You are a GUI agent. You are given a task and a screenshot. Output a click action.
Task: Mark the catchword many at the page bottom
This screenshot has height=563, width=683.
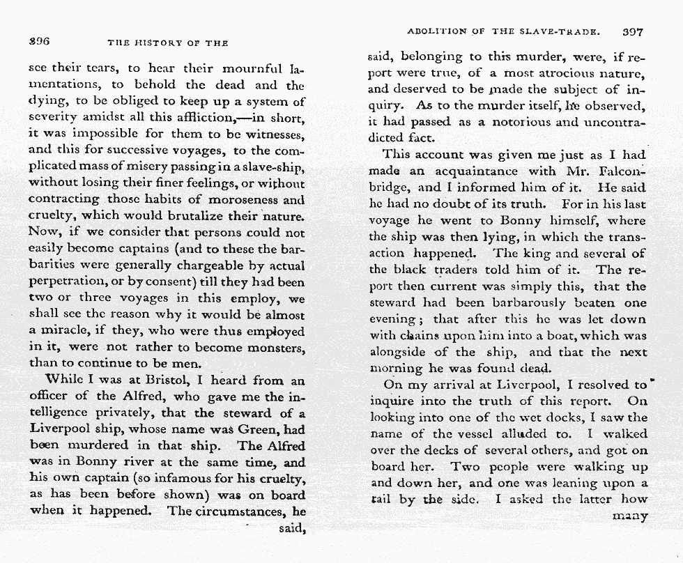629,516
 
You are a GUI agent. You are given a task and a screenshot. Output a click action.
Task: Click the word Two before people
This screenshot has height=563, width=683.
467,467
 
